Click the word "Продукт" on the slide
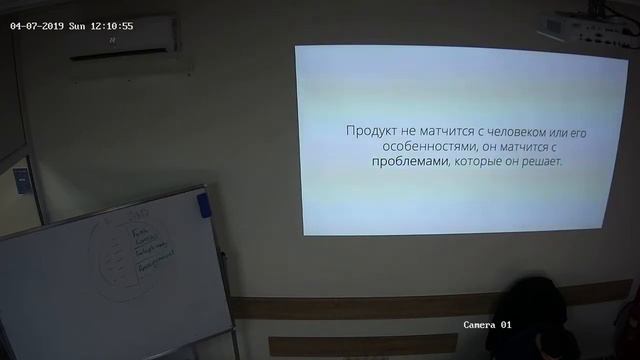pos(370,131)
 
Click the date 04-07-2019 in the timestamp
pos(36,26)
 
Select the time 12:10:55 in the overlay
pos(113,26)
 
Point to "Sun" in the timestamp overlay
pos(77,26)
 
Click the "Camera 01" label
pos(487,325)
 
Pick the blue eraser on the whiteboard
pos(204,205)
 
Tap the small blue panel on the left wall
pos(21,180)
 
